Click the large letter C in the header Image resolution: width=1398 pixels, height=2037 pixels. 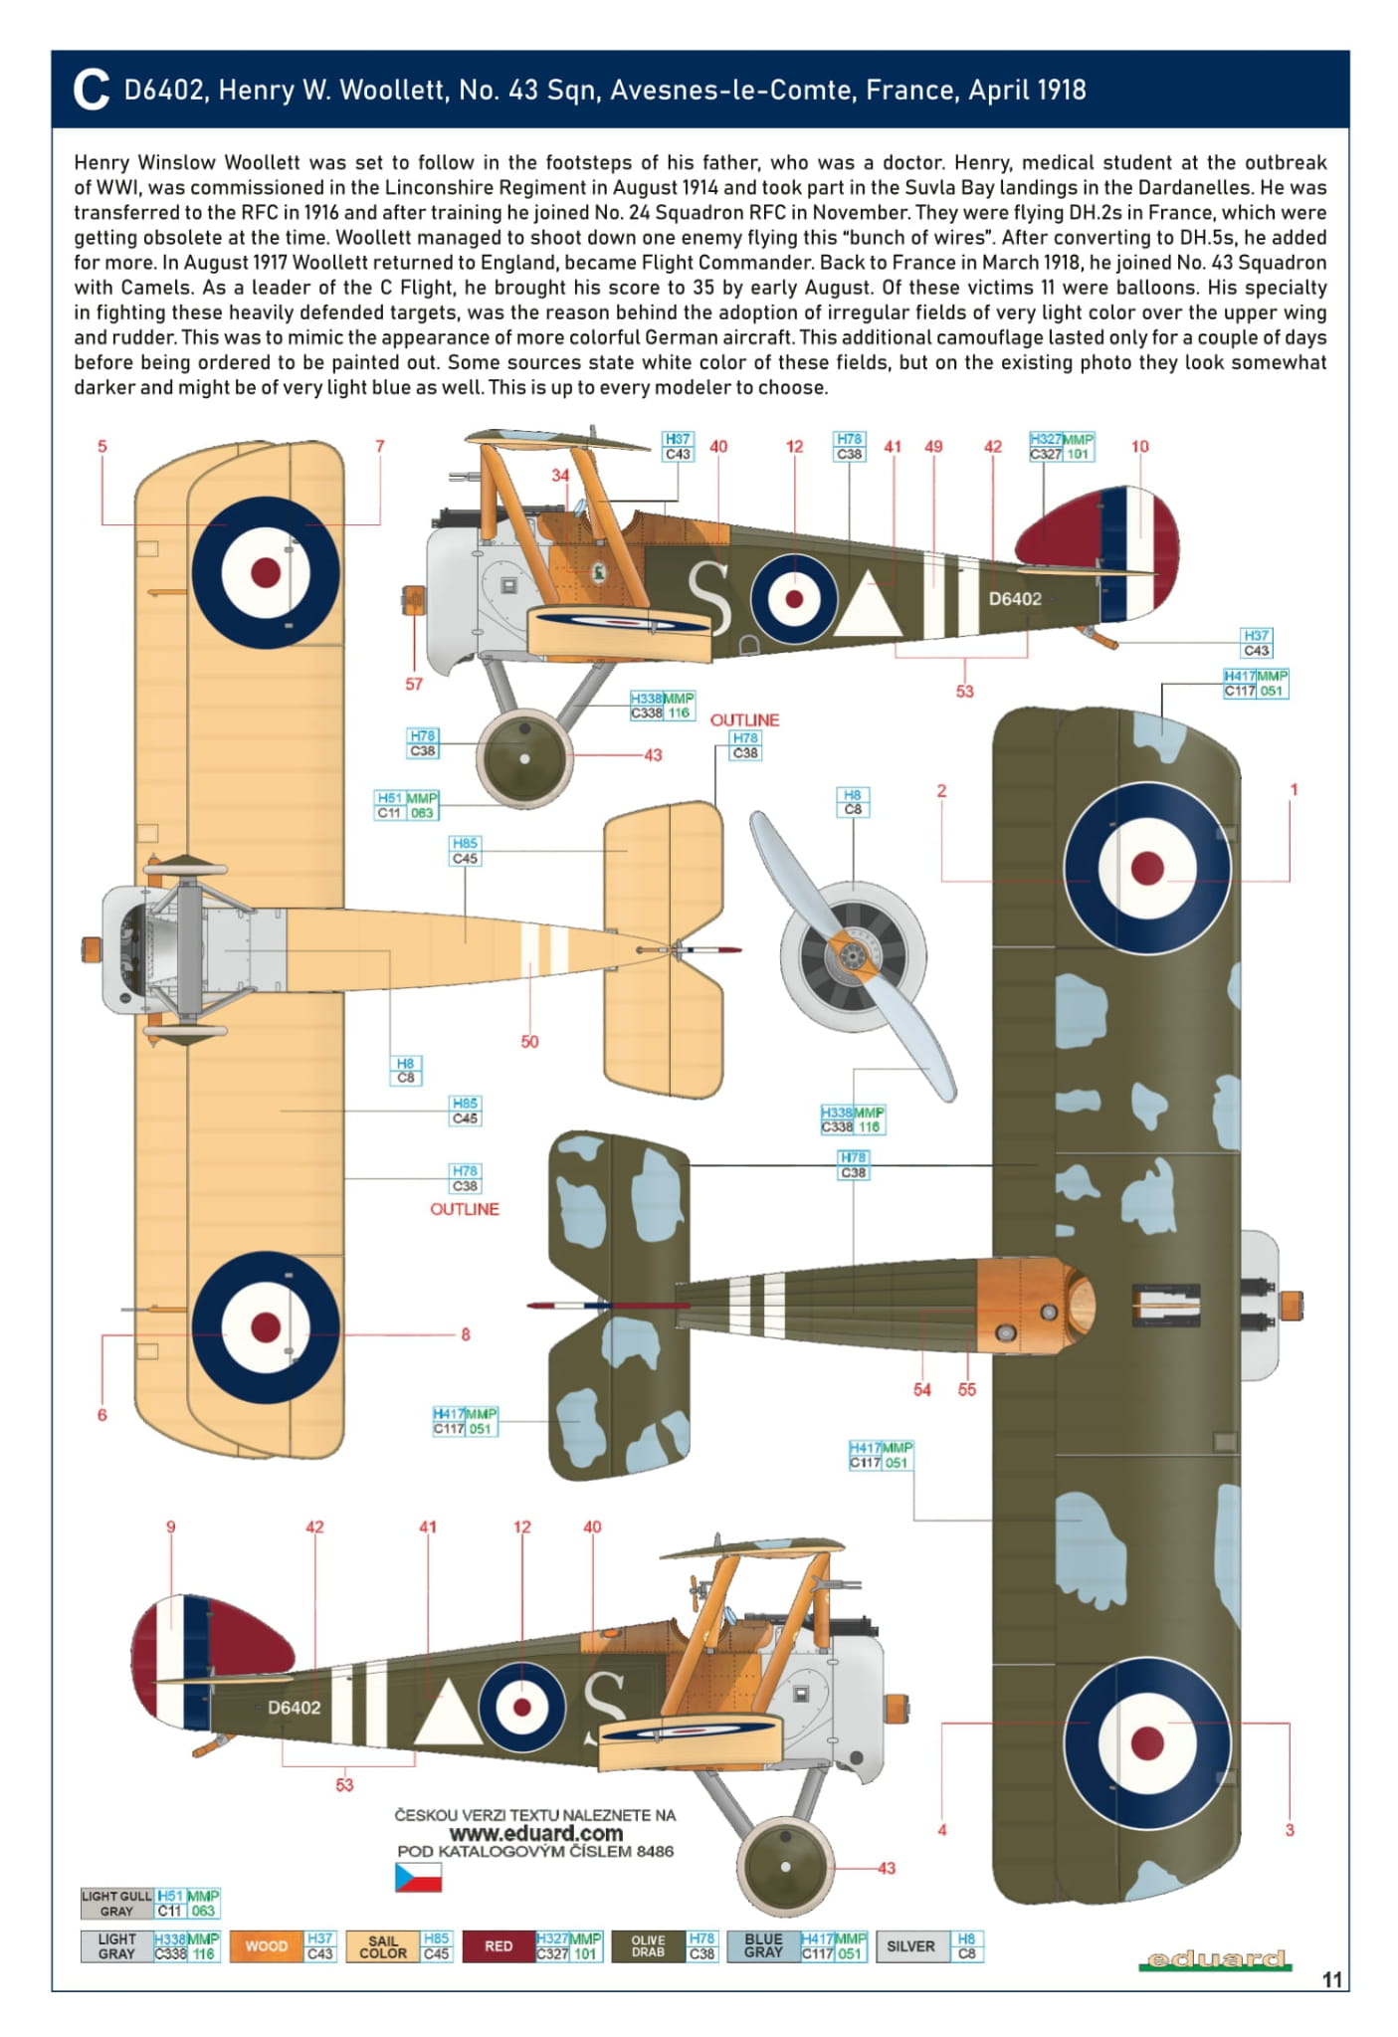tap(91, 91)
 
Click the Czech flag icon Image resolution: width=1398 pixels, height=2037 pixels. tap(418, 1877)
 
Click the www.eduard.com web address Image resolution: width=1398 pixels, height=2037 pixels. tap(535, 1833)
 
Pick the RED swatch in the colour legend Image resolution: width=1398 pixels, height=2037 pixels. tap(499, 1946)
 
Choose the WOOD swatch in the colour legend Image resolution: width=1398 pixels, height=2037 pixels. tap(266, 1946)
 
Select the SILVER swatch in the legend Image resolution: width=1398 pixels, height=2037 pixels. tap(910, 1946)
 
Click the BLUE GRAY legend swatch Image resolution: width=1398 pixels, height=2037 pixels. tap(763, 1946)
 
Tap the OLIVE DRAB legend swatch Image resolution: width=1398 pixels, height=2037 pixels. tap(648, 1946)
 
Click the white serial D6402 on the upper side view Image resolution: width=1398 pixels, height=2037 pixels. tap(1015, 599)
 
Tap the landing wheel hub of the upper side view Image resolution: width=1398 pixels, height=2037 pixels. tap(524, 758)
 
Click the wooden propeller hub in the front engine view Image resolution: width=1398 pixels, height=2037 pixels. tap(851, 956)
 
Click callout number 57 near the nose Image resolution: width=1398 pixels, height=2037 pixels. tap(414, 685)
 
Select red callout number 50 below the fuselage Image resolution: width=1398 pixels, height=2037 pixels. tap(529, 1042)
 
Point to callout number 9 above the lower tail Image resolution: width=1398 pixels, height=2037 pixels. tap(171, 1528)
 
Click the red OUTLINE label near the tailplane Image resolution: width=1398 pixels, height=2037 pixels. tap(744, 719)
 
